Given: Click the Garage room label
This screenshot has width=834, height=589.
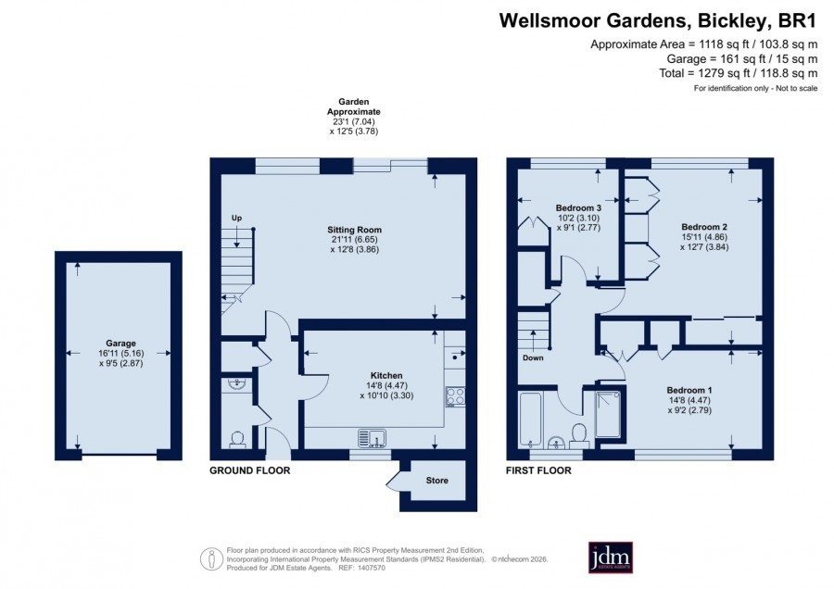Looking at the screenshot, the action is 120,344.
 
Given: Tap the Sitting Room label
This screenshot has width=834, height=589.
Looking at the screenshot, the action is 354,230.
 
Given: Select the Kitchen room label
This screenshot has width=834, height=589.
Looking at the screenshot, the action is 386,376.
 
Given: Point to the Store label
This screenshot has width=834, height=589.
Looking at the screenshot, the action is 436,481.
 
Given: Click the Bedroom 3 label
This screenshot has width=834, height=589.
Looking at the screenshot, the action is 578,207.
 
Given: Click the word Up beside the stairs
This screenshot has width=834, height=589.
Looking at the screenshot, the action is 236,218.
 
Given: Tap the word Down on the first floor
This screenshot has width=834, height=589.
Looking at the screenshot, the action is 533,357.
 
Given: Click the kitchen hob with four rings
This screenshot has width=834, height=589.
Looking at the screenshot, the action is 455,396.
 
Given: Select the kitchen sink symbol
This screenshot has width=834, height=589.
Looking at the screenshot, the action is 373,438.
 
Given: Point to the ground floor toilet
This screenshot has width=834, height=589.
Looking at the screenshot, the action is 237,439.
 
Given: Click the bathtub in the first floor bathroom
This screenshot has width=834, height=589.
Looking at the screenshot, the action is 530,420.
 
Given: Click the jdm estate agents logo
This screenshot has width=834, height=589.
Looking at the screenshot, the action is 610,558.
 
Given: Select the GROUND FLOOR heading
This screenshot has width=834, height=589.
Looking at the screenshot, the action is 250,470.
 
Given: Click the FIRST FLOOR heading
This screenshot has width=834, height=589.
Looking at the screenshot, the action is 538,470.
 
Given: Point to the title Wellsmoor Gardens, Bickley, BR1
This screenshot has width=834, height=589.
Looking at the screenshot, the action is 657,20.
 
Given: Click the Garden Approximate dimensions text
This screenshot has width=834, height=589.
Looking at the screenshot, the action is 354,117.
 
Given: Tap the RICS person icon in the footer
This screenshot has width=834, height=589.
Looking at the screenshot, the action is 211,559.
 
